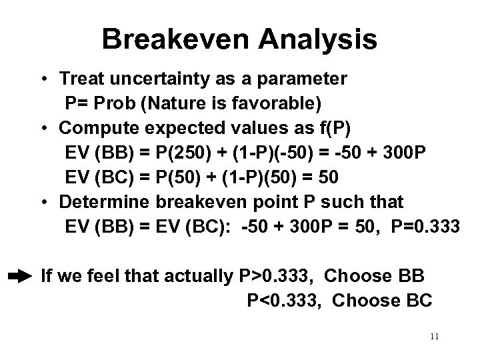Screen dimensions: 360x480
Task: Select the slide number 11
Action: pyautogui.click(x=434, y=337)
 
